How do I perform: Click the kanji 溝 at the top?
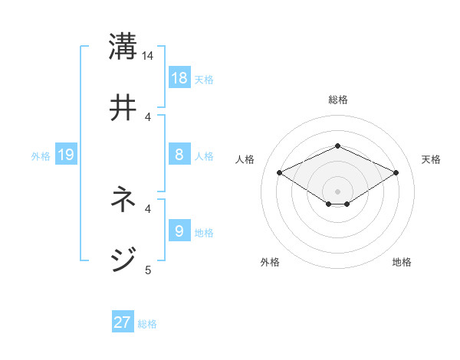click(123, 45)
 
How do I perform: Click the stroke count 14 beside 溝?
click(148, 56)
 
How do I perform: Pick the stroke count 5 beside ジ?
click(148, 269)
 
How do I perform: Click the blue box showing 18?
click(179, 78)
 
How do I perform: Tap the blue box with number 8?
click(179, 155)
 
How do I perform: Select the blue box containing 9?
click(179, 231)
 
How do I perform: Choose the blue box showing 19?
click(66, 155)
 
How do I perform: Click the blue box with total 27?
click(123, 322)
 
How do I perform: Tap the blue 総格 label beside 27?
click(147, 324)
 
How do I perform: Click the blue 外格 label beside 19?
click(41, 156)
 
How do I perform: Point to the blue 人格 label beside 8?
click(204, 156)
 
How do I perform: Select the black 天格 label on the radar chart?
click(431, 159)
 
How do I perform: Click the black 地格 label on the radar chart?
click(402, 262)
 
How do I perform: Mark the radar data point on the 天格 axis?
click(396, 172)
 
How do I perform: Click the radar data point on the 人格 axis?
click(279, 172)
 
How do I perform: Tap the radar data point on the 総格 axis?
click(337, 146)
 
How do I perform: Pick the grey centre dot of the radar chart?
click(337, 191)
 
